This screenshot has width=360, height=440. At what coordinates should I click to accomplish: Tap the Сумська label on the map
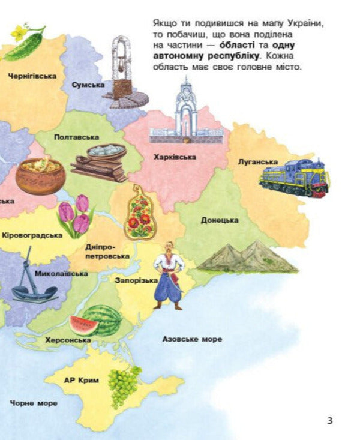[x=88, y=85]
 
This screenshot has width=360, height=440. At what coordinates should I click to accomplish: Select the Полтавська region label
[x=76, y=137]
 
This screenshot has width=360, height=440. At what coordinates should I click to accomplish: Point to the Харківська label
[x=175, y=157]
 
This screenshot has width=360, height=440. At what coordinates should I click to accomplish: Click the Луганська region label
[x=257, y=162]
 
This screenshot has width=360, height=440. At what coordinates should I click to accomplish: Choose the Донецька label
[x=220, y=220]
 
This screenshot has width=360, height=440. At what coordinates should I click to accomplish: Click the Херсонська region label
[x=68, y=340]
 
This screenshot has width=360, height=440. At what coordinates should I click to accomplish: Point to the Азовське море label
[x=192, y=339]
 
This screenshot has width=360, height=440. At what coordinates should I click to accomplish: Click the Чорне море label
[x=34, y=403]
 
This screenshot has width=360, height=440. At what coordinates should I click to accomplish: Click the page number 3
[x=329, y=420]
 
